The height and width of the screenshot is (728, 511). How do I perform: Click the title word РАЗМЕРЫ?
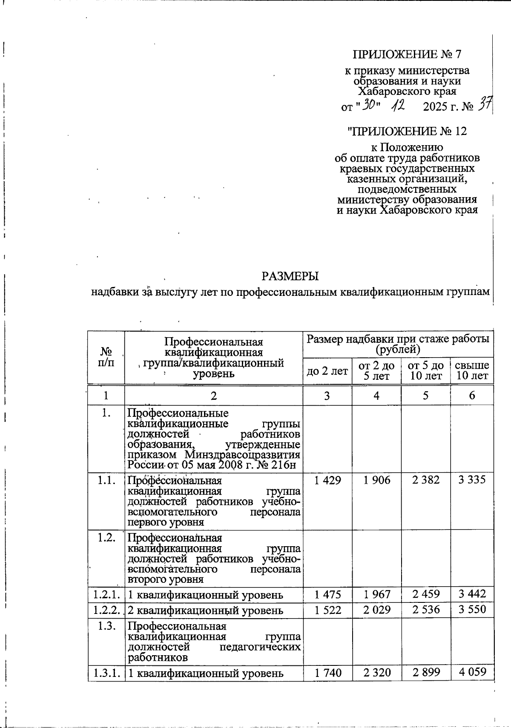290,276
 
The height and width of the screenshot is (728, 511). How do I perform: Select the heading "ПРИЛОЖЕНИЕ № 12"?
407,131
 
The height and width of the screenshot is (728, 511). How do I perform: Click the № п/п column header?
106,358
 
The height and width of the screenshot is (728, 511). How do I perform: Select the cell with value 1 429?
327,480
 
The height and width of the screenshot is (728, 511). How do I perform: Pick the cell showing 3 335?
472,480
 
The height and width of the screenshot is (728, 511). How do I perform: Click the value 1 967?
377,593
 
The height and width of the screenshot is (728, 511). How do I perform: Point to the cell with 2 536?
425,609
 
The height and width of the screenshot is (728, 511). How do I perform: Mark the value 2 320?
377,673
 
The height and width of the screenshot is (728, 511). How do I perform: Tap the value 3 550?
472,609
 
